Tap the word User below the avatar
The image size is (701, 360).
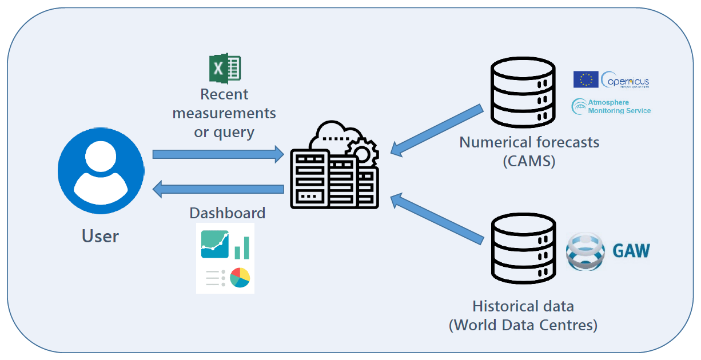click(x=100, y=236)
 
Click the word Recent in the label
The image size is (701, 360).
click(x=224, y=94)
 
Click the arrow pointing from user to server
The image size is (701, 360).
click(x=218, y=154)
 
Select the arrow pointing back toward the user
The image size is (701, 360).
click(x=218, y=189)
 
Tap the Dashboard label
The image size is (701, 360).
click(x=227, y=213)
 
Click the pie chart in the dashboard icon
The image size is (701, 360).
click(x=240, y=278)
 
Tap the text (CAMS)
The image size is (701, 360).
click(x=529, y=161)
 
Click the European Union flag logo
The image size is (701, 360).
click(x=586, y=79)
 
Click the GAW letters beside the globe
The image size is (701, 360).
click(x=631, y=250)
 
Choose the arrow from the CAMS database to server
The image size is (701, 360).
click(x=437, y=129)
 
